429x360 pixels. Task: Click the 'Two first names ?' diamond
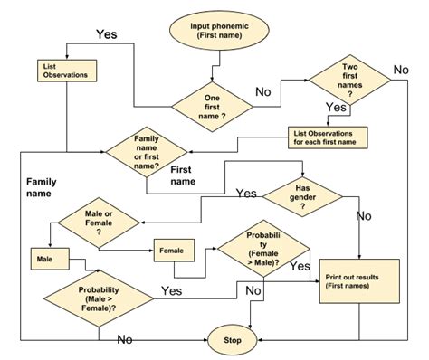pos(350,80)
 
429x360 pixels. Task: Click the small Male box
pos(45,260)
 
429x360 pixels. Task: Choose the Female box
pos(173,250)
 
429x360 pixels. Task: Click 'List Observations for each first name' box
pos(332,137)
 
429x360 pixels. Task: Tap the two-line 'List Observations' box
pos(63,71)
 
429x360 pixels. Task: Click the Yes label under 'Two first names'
pos(336,107)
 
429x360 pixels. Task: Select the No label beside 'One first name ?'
pos(263,91)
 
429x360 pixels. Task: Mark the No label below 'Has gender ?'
pos(364,216)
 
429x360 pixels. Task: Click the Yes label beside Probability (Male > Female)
pos(172,289)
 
